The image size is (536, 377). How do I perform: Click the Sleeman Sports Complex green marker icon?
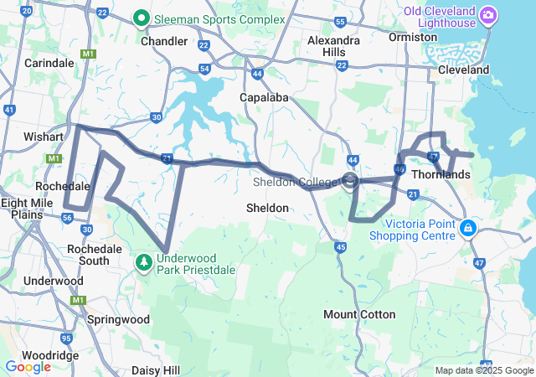(142, 18)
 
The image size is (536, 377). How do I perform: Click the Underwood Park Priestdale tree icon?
(144, 263)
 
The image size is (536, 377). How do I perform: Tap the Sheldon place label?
(267, 207)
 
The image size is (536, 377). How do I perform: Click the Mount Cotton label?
(359, 314)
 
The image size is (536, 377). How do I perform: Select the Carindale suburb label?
(49, 63)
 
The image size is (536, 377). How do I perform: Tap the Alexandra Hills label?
(333, 46)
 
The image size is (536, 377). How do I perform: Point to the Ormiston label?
(407, 38)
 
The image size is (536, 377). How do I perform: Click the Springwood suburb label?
(118, 319)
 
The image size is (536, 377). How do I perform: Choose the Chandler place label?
(164, 41)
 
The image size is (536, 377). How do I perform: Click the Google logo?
(28, 366)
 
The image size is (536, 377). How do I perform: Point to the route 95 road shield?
(67, 338)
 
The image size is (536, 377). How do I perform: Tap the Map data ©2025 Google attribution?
(483, 370)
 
